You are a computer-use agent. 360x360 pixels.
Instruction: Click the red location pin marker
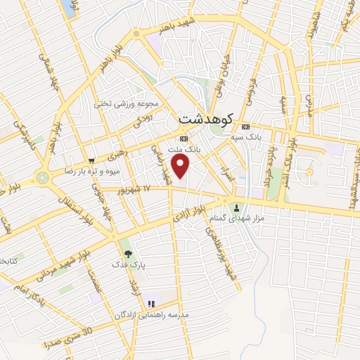pos(181,167)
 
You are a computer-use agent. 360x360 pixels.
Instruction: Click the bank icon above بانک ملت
pos(184,139)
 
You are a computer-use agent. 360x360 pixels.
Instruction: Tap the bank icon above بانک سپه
pos(245,127)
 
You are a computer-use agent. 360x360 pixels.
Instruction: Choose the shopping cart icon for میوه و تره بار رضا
pos(91,160)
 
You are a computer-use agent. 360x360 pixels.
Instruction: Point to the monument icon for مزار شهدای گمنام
pos(236,207)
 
